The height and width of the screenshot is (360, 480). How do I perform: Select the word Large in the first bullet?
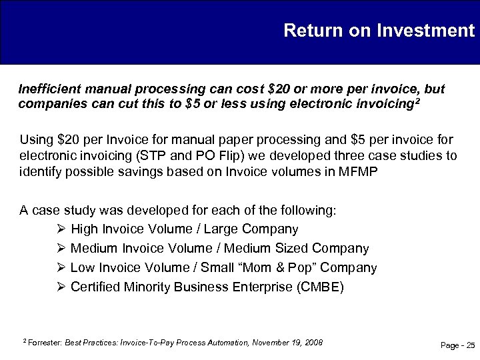227,229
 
